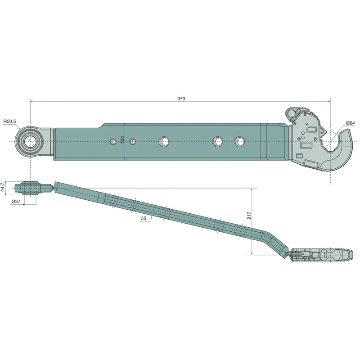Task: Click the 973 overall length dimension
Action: coord(181,99)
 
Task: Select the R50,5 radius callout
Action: coord(9,121)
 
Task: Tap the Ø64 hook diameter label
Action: coord(351,123)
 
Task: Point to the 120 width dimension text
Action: coord(122,140)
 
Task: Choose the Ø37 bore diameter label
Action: coord(16,202)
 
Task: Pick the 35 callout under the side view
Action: coord(144,218)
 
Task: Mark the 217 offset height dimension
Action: coord(249,216)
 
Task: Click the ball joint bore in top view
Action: coord(30,142)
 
